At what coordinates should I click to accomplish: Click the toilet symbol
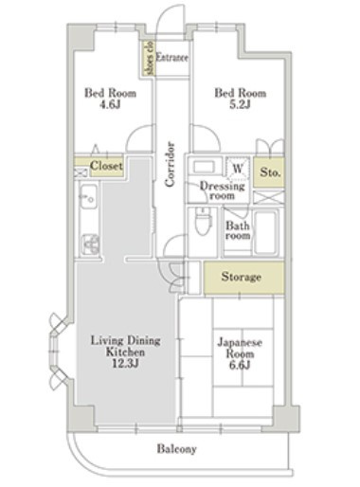203,221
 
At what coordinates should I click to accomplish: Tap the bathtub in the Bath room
265,233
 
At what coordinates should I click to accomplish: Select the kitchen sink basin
88,197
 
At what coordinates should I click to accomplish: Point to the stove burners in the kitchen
91,244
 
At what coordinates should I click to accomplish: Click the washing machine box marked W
238,170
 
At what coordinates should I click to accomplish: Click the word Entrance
172,58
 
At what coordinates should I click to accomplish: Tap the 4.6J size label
110,104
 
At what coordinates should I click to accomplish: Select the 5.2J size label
241,104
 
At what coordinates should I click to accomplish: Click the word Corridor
170,164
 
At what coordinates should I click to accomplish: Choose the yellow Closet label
106,166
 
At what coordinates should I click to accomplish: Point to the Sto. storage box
269,172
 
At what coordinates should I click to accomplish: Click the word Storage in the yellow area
242,277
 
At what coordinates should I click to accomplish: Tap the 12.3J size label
125,364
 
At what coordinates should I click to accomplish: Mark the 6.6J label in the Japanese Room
240,365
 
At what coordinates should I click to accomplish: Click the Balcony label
177,449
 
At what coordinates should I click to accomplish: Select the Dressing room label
223,190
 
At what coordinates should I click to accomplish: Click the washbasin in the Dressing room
203,167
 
